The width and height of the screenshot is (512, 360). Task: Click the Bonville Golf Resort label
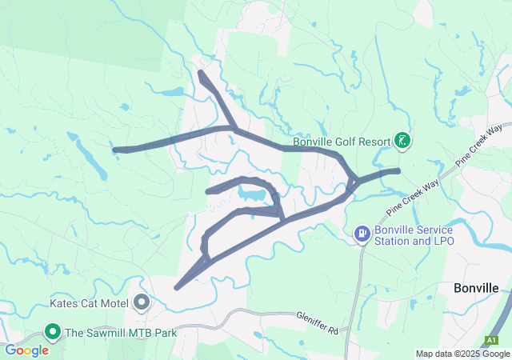341,142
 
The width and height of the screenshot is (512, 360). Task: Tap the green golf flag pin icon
402,142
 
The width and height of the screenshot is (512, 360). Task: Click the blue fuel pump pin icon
362,234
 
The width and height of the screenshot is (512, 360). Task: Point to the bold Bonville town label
477,288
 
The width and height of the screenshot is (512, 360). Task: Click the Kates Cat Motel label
90,303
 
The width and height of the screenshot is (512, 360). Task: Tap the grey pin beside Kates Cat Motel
142,302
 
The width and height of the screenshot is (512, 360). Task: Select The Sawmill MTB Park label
120,332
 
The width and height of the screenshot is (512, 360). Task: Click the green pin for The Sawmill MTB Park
54,331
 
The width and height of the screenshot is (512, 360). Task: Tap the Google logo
27,350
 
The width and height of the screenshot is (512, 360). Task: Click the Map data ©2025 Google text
462,354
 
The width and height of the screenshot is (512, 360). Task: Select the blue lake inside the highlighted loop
250,194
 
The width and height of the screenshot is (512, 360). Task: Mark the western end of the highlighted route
116,150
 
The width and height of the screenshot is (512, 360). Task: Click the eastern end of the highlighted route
397,170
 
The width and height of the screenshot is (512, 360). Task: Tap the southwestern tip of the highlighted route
177,286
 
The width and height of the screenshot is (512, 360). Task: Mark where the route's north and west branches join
232,127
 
